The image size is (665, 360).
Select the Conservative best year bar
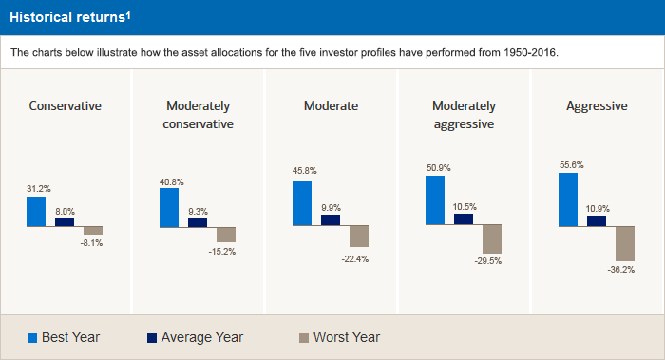[x=35, y=211]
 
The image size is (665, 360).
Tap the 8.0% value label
[x=65, y=212]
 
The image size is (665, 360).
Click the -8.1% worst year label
[x=91, y=243]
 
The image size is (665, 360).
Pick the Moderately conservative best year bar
[x=168, y=207]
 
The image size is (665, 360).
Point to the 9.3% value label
[x=198, y=211]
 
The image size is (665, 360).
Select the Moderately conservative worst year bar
[x=225, y=235]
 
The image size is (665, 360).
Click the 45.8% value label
[x=301, y=171]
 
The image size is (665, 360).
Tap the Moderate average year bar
[x=330, y=219]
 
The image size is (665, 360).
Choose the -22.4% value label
[x=357, y=258]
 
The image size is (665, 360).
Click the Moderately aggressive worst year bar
[x=491, y=238]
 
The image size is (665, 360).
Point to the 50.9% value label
[x=437, y=167]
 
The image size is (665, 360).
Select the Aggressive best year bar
[x=567, y=199]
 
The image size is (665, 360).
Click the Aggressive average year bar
[x=596, y=220]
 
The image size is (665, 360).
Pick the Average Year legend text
[x=201, y=337]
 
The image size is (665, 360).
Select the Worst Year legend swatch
[x=304, y=337]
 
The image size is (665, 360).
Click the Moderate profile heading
[x=331, y=106]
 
